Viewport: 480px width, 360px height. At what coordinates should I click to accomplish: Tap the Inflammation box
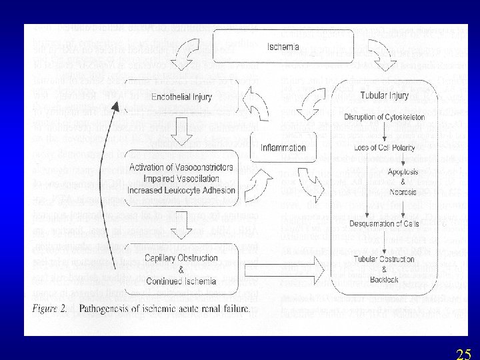tap(283, 148)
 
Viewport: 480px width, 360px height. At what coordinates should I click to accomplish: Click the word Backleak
tap(383, 279)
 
